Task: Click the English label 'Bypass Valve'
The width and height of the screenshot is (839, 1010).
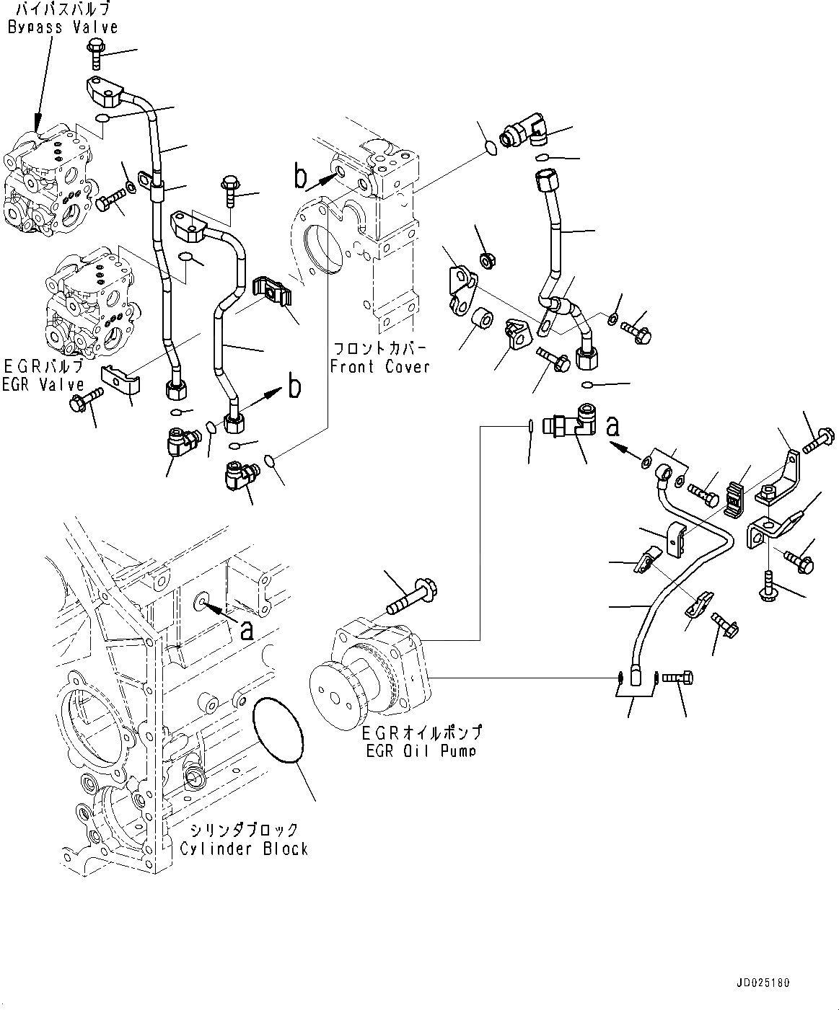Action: (x=63, y=27)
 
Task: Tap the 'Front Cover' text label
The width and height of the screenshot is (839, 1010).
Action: (x=379, y=367)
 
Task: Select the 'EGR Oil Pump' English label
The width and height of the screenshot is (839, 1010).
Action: (x=421, y=751)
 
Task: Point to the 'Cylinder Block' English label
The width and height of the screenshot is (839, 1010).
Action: (x=244, y=849)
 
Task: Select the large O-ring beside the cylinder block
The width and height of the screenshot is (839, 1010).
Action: (x=278, y=730)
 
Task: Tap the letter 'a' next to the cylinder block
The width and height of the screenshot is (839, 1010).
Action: (x=247, y=631)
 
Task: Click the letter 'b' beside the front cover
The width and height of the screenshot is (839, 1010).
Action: (x=300, y=174)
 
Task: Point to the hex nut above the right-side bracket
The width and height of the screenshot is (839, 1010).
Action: (x=486, y=260)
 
